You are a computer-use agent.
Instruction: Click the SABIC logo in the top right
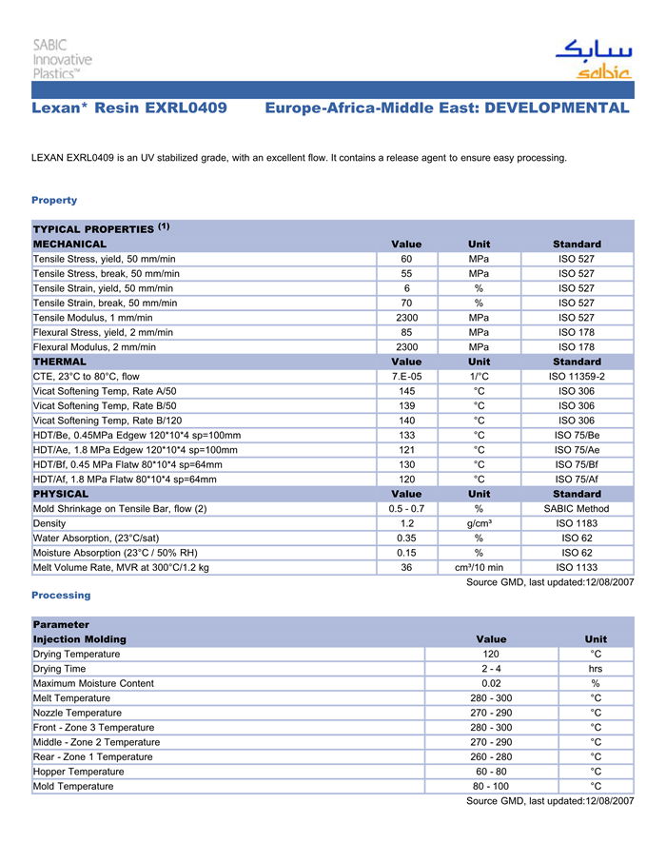(593, 59)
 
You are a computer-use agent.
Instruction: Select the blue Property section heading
(54, 200)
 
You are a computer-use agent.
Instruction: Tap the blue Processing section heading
(61, 595)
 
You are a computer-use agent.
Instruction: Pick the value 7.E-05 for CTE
(406, 377)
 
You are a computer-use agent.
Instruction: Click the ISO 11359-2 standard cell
(577, 377)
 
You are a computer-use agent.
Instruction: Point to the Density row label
(49, 523)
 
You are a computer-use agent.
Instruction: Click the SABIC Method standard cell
(577, 509)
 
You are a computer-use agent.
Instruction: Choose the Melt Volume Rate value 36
(406, 568)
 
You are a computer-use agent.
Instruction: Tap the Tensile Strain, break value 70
(406, 303)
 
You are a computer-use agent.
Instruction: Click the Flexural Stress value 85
(406, 332)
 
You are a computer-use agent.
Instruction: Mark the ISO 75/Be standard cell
(577, 435)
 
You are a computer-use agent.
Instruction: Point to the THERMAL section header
(60, 362)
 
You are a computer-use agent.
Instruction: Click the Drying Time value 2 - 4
(491, 669)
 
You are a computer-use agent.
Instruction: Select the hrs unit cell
(596, 669)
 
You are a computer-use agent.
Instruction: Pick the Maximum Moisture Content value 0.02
(491, 683)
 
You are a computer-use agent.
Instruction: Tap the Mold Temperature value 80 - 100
(491, 787)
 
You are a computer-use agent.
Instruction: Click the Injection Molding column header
(79, 639)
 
